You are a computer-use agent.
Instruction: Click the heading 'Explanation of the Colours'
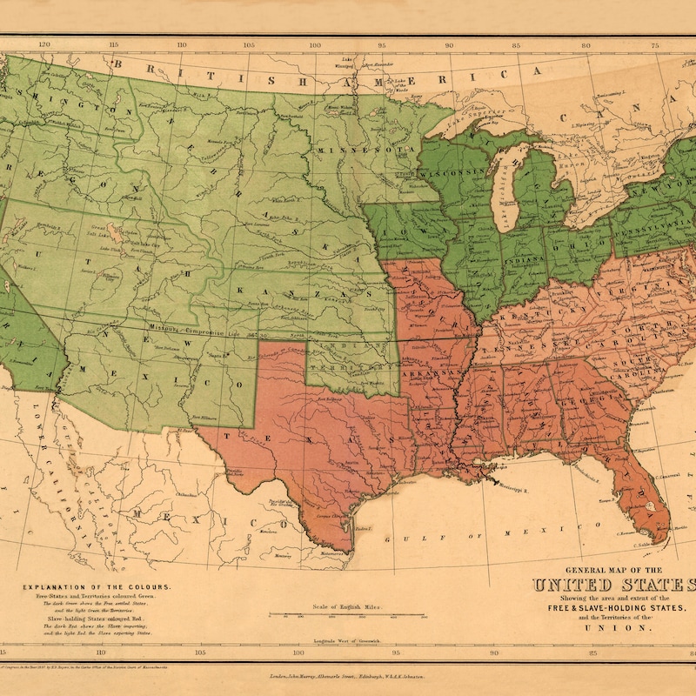(x=97, y=587)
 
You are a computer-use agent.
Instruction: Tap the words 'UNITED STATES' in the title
(x=614, y=585)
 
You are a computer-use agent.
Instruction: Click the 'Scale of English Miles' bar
(x=347, y=615)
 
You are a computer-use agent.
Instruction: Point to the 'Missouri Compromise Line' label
(x=201, y=332)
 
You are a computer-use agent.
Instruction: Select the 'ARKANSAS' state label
(x=430, y=372)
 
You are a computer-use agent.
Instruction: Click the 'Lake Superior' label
(x=474, y=113)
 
